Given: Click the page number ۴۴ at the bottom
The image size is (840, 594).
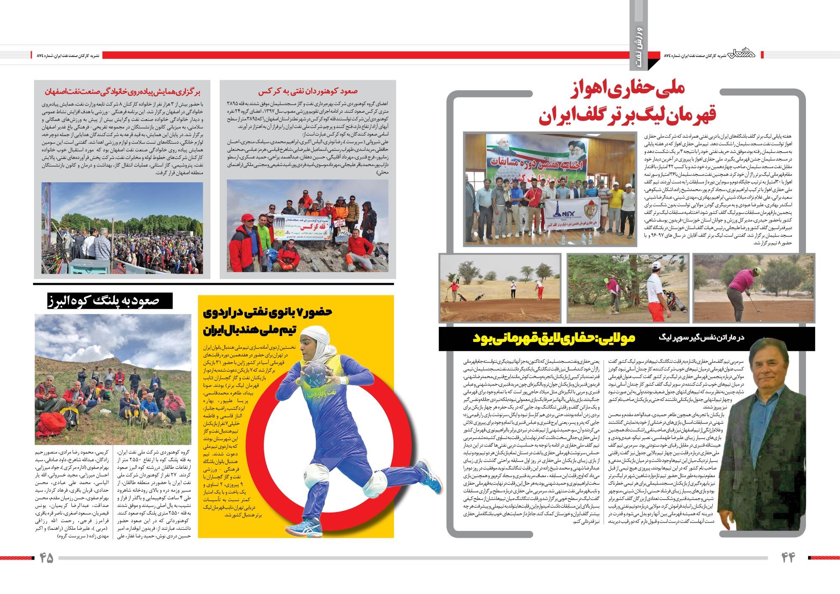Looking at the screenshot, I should pos(788,558).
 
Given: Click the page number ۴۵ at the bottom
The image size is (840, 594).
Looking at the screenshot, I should pos(47,558).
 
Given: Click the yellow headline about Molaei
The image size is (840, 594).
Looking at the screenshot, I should pos(554,339).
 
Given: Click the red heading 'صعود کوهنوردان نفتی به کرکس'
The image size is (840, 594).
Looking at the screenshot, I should pos(307,91).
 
